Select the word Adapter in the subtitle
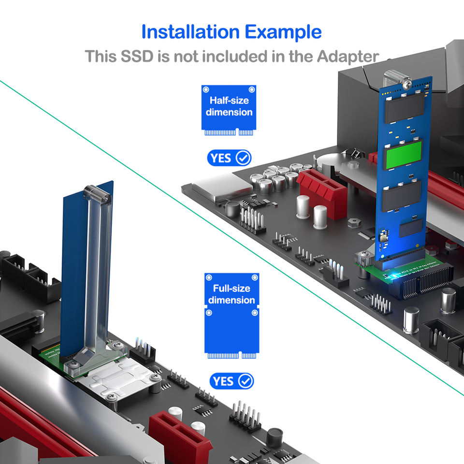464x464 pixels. [x=348, y=56]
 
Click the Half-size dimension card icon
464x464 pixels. [x=229, y=110]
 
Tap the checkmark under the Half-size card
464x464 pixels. [x=243, y=158]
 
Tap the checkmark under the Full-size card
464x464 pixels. [x=246, y=381]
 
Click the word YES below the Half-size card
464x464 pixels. [x=220, y=158]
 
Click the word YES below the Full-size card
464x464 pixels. [x=223, y=381]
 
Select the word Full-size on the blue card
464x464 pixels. [x=232, y=289]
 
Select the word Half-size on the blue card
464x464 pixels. [x=229, y=101]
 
